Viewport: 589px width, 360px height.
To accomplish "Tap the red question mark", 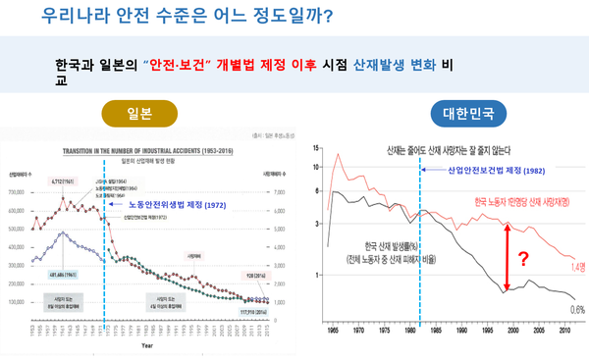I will tap(523, 260).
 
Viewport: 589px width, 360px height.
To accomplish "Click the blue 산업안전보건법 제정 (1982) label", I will tap(482, 171).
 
